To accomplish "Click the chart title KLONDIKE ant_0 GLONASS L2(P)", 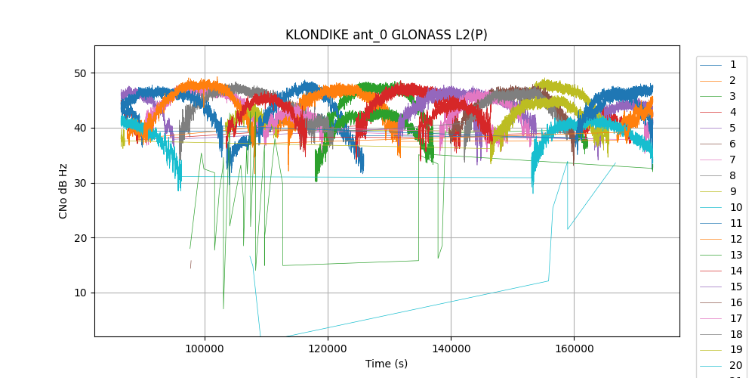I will click(x=386, y=35).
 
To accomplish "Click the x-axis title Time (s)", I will click(x=386, y=364).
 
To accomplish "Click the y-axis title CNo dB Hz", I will click(x=63, y=191).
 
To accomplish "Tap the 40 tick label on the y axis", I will click(x=81, y=128).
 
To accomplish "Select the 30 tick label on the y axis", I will click(x=81, y=183).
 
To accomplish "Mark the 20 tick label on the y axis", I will click(x=81, y=238).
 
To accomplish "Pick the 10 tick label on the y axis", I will click(x=81, y=293).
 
